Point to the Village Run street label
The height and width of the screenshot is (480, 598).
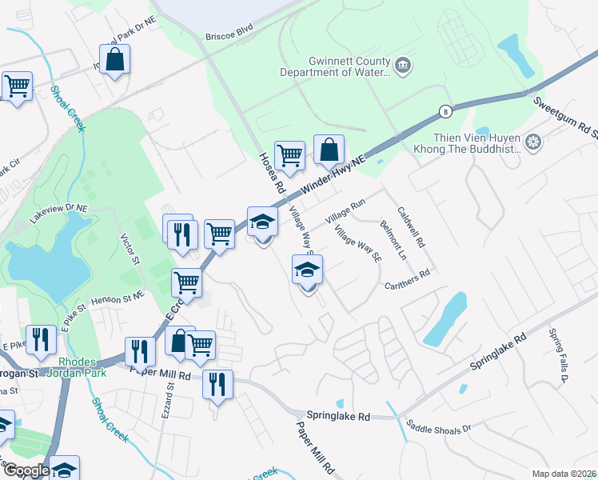[345, 212]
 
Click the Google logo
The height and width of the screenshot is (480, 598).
[26, 470]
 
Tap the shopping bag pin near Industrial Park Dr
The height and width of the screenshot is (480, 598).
[114, 60]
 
